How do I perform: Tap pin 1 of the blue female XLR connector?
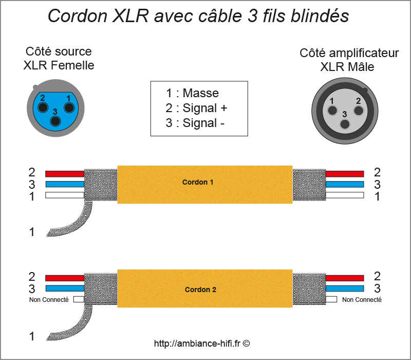pos(68,107)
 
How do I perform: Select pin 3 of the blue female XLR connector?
pos(55,121)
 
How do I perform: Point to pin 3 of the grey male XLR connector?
pos(345,123)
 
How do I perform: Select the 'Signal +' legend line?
pos(196,108)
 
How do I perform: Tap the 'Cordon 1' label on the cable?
pos(197,182)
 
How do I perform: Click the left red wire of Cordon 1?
pos(64,174)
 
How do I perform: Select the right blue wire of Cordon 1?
pos(344,184)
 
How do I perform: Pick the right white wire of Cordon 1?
pos(344,195)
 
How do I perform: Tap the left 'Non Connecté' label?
pos(49,299)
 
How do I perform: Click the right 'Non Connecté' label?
pos(362,299)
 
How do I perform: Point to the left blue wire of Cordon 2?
pos(64,289)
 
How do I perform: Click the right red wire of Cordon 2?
pos(344,278)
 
